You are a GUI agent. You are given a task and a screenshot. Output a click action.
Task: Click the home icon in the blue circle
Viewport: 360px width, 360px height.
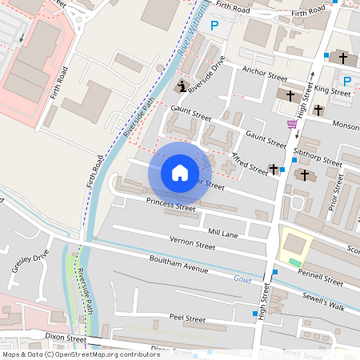coord(180,172)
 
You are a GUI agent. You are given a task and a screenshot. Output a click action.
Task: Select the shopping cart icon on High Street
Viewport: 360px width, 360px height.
coord(292,124)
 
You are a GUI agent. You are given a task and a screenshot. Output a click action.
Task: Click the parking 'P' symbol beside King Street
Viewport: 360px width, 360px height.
coord(346,81)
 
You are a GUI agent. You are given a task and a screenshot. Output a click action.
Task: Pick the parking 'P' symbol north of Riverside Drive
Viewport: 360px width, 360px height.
coord(214,26)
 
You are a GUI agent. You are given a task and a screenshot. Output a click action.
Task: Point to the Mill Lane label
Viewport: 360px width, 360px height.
coord(223,232)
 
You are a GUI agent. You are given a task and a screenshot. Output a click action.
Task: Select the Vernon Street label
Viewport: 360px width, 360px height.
coord(193,241)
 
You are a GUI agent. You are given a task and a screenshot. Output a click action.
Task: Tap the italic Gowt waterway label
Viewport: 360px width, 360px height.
coord(242,279)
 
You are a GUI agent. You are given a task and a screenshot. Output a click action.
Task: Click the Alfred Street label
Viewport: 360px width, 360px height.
coord(250,164)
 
